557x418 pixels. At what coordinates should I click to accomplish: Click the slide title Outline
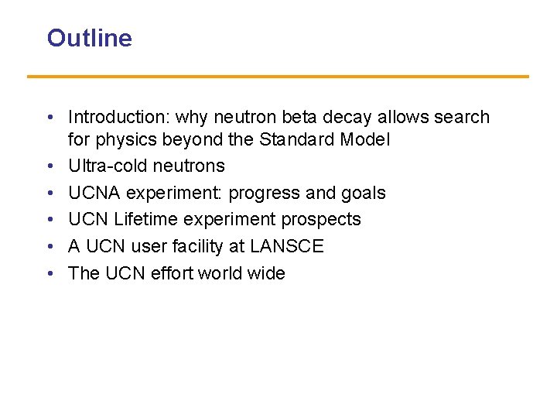pyautogui.click(x=89, y=38)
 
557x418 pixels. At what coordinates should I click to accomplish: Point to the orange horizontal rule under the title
pyautogui.click(x=278, y=76)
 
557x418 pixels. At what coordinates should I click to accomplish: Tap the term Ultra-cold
pyautogui.click(x=104, y=166)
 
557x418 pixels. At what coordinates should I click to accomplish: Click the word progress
pyautogui.click(x=263, y=193)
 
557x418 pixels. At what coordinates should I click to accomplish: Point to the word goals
pyautogui.click(x=362, y=193)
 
